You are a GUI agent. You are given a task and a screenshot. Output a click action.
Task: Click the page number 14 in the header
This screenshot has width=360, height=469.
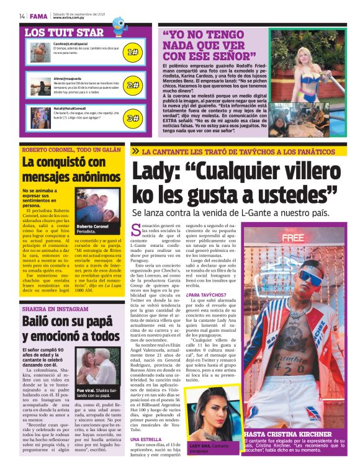[x=22, y=16]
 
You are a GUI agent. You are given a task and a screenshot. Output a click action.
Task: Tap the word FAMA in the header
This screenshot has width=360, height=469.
[x=38, y=16]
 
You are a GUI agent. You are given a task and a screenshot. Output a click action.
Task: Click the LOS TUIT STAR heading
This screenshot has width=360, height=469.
[x=64, y=32]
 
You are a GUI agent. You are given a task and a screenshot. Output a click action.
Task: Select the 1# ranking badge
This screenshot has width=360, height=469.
[x=132, y=53]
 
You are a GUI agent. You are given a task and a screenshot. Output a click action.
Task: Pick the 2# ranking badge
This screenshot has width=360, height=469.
[x=132, y=85]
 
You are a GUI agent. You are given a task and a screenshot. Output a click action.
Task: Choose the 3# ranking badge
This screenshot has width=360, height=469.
[x=132, y=118]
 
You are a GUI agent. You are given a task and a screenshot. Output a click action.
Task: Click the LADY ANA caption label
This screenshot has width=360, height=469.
[x=200, y=446]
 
